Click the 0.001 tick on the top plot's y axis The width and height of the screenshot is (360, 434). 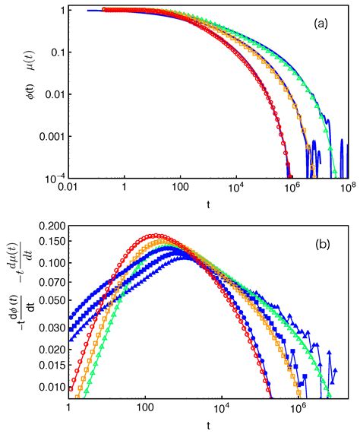47,137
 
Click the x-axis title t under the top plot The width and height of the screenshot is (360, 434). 207,204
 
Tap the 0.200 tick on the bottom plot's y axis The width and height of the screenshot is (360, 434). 52,227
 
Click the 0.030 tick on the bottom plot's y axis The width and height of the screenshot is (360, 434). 52,328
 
